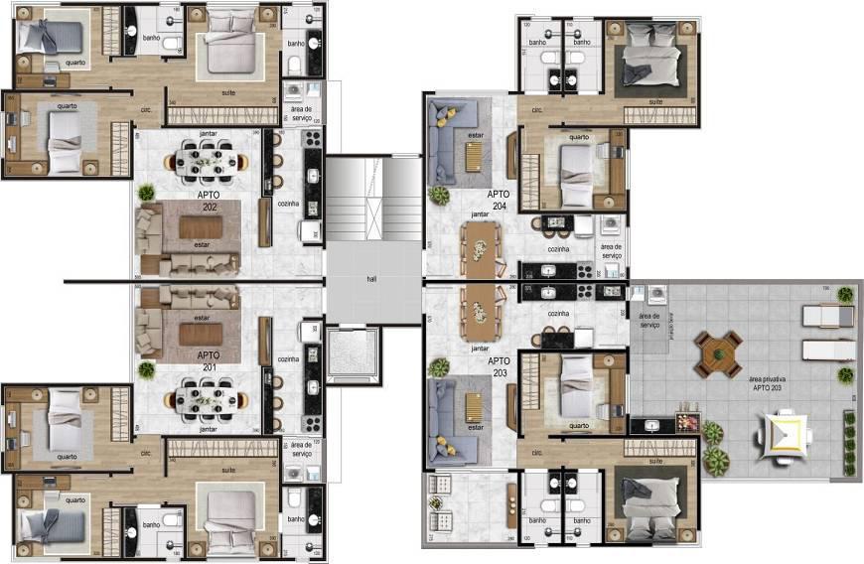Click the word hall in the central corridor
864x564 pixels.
[x=371, y=279]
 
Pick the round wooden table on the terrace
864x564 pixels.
[x=718, y=353]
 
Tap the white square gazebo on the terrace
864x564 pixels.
[x=785, y=434]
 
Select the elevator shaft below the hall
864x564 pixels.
[x=353, y=354]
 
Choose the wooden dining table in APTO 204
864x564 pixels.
[x=479, y=248]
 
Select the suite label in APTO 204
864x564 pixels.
[x=655, y=102]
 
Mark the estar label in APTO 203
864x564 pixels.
[x=477, y=429]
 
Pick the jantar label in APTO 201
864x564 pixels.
[x=208, y=429]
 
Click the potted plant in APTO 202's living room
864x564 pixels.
[x=147, y=192]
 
